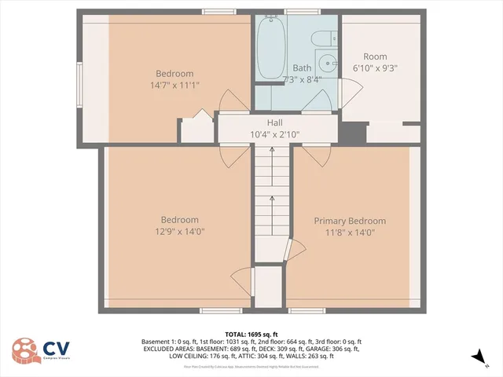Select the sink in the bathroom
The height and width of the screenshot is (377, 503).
326,64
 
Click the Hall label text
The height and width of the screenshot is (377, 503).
274,123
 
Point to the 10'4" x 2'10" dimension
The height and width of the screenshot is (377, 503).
274,134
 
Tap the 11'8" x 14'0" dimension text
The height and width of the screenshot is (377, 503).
350,232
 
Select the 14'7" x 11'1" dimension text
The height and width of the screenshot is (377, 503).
174,85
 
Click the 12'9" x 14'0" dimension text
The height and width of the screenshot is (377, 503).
179,232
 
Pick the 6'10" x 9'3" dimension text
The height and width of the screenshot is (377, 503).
376,68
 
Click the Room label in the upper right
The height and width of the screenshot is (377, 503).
376,57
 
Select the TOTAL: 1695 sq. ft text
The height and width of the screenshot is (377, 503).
251,334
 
